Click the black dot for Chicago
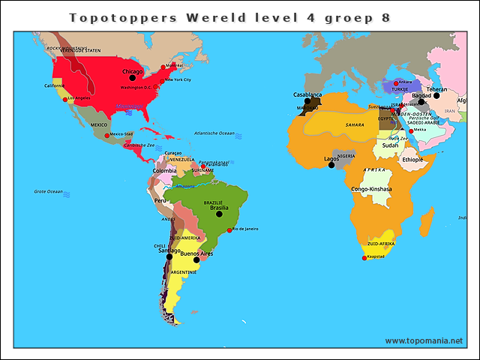click(133, 77)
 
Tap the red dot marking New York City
click(163, 78)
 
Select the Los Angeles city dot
click(65, 99)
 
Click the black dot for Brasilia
click(220, 214)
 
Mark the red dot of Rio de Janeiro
click(229, 229)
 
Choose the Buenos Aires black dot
click(196, 260)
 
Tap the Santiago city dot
click(169, 256)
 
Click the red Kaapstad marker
click(364, 259)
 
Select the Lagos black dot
click(331, 165)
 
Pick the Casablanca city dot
click(307, 101)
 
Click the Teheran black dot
click(436, 95)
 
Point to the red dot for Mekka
click(410, 130)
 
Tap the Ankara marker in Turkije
click(396, 82)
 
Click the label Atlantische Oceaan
click(214, 133)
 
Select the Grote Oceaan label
click(49, 191)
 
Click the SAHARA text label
click(355, 124)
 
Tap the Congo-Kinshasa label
click(371, 189)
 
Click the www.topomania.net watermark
click(424, 340)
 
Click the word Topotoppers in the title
click(113, 16)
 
